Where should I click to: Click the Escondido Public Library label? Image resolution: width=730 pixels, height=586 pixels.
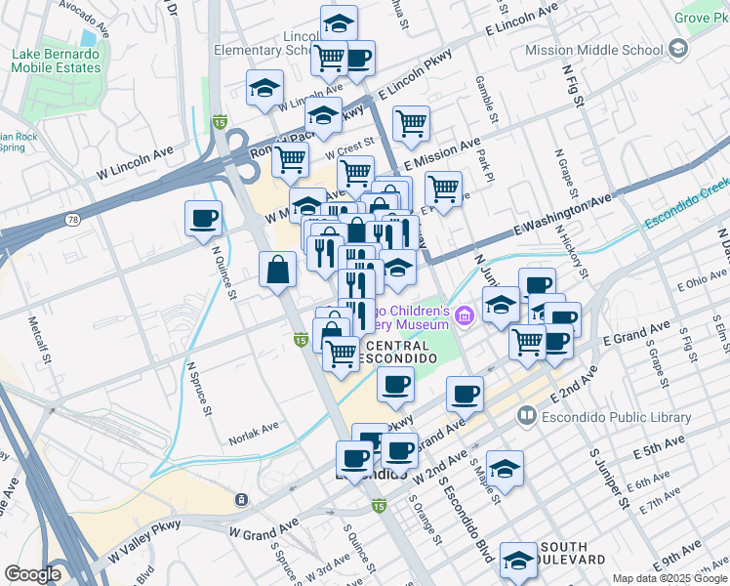(617, 417)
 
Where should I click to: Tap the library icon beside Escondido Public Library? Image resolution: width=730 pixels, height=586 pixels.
(528, 417)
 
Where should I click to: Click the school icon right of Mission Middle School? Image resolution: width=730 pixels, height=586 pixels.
(678, 49)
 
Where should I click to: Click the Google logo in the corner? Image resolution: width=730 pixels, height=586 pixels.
(32, 574)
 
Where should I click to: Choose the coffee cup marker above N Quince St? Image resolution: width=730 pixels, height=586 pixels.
(203, 218)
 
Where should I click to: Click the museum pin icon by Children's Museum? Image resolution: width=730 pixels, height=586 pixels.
(465, 314)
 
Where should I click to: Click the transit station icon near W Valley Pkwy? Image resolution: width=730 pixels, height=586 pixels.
(239, 500)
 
